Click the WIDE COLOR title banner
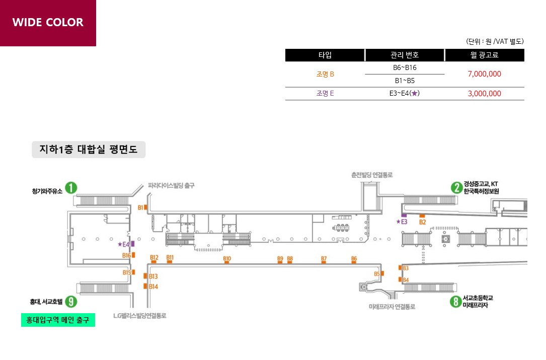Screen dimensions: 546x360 tap(48, 23)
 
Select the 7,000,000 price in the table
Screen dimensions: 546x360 tap(485, 74)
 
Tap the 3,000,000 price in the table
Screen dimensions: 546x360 tap(485, 93)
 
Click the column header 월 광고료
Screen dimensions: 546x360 tap(485, 55)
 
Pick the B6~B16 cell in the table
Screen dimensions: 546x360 tap(405, 67)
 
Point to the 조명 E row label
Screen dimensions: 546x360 tap(325, 93)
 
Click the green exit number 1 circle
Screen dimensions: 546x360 tap(71, 188)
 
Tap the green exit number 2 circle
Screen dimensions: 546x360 tap(456, 188)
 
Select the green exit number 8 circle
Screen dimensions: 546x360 tap(455, 302)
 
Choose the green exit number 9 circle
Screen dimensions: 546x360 tap(71, 302)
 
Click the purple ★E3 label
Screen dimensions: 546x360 tap(402, 222)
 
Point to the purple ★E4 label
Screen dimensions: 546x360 tap(124, 244)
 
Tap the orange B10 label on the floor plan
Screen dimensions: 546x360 tap(227, 258)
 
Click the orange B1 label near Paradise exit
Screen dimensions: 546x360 tap(140, 208)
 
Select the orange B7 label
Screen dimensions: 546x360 tap(324, 258)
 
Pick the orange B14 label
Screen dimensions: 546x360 tap(153, 286)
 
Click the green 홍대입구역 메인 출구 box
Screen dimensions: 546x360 tap(58, 320)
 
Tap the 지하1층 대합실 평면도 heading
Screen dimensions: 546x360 tap(89, 150)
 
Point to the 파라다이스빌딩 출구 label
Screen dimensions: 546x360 tap(171, 185)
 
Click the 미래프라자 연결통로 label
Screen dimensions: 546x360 tap(392, 307)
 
